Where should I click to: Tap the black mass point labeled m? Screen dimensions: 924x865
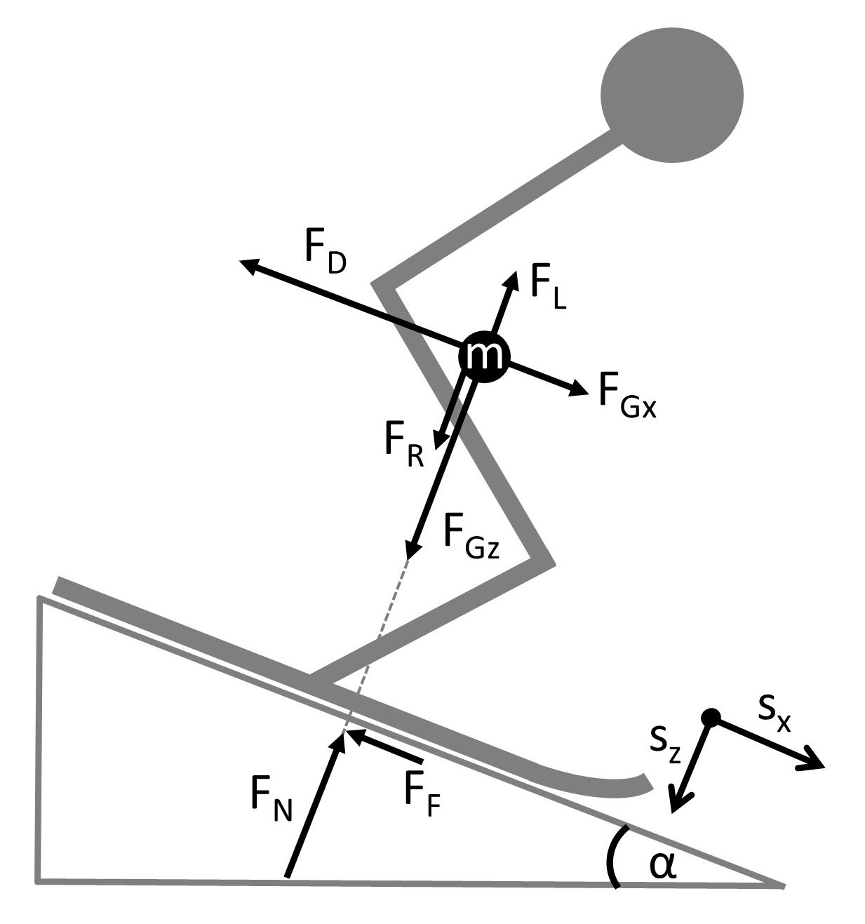(x=482, y=357)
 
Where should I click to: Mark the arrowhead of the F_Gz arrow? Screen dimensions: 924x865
(x=411, y=551)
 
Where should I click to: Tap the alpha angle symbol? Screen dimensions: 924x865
(x=662, y=867)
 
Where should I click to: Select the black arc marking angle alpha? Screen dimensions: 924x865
(x=612, y=857)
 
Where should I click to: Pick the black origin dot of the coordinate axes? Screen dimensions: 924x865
(x=711, y=717)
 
